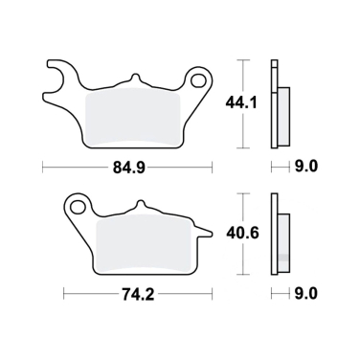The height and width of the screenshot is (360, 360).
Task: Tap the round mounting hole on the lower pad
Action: (x=77, y=205)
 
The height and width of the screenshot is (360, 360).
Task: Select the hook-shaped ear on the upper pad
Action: (x=58, y=77)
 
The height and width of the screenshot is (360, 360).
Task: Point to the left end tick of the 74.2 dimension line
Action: (x=65, y=294)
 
